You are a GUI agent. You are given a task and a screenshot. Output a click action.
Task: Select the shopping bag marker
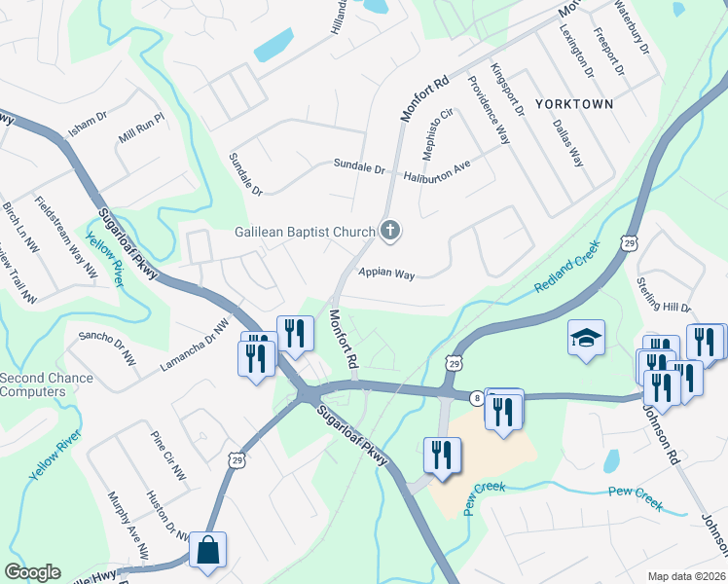tap(208, 549)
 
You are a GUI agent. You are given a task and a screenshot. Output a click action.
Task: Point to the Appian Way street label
tap(386, 274)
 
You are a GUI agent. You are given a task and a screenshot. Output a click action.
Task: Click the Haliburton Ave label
tap(437, 166)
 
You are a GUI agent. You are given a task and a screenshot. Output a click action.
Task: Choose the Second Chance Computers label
tap(47, 384)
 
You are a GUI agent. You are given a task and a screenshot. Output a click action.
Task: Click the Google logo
tap(32, 572)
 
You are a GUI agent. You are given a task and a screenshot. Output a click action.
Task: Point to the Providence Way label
tap(489, 108)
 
